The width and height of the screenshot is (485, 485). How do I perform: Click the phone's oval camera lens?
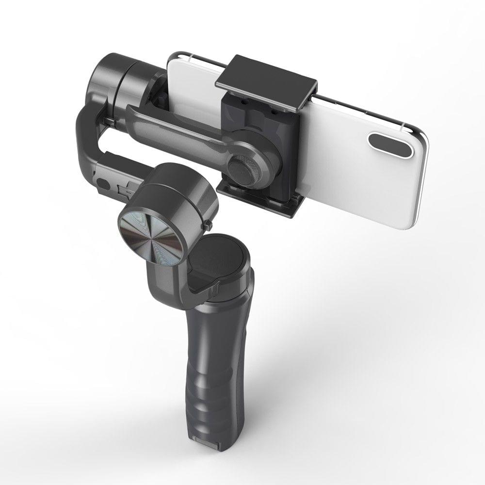point(390,145)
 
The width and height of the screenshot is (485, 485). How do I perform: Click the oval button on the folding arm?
point(103,184)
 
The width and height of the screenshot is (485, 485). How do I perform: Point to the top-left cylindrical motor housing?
point(116,82)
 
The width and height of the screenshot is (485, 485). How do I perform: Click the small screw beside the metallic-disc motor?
point(208,225)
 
